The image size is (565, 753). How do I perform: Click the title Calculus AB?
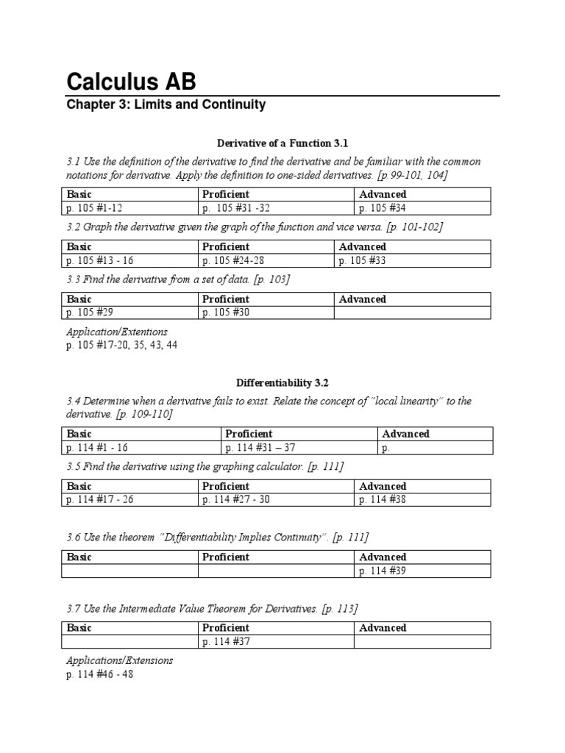[131, 80]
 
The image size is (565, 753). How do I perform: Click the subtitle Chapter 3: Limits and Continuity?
[166, 104]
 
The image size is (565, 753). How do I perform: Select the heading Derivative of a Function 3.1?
[282, 143]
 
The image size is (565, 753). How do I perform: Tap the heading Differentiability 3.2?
[282, 382]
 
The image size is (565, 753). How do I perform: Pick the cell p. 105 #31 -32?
[239, 207]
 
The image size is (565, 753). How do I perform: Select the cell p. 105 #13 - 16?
[100, 260]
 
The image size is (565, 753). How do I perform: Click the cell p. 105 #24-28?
[233, 260]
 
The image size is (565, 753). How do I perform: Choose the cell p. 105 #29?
[90, 313]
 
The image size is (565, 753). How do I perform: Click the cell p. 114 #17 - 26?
[101, 499]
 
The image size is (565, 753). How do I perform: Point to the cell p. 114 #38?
[383, 499]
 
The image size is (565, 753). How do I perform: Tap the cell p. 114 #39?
[383, 571]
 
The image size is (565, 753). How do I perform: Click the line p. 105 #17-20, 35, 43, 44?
[121, 345]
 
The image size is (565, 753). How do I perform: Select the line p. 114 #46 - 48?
[100, 674]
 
